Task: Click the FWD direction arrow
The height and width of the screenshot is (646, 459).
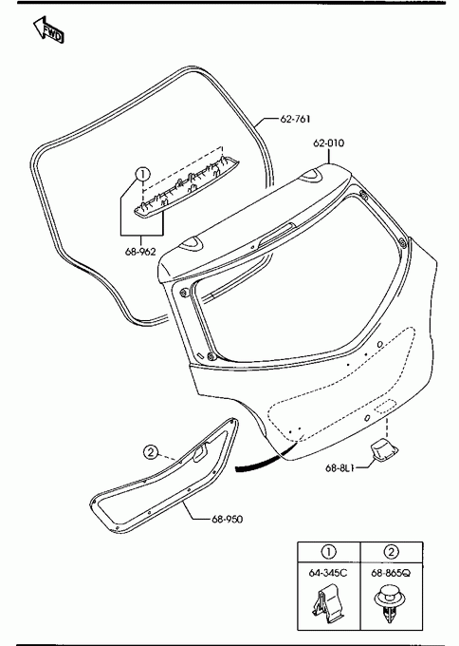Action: point(48,30)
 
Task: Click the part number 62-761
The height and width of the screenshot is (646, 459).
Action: point(295,119)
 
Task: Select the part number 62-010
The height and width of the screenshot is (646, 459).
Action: point(329,142)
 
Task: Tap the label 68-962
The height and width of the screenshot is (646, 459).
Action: point(140,252)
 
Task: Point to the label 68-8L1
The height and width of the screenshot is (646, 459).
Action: point(340,467)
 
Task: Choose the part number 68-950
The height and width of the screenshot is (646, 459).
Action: point(227,519)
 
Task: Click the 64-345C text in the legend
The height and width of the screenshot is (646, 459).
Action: point(328,573)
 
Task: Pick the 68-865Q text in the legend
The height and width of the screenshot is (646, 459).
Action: point(391,573)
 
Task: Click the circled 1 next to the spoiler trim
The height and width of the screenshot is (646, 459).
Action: point(142,174)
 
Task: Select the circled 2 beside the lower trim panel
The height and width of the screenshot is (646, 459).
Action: point(151,452)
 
